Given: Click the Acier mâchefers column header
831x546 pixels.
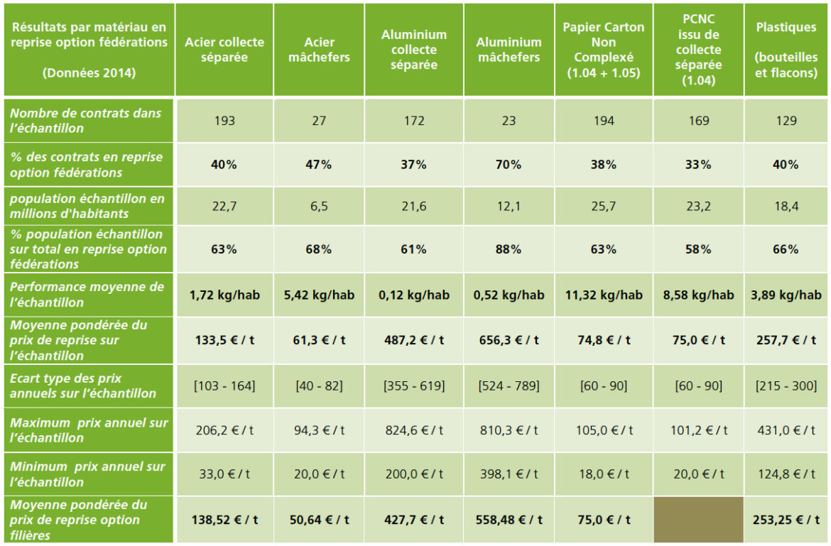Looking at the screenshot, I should pos(319,50).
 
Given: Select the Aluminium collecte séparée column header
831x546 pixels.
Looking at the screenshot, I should pos(414,50).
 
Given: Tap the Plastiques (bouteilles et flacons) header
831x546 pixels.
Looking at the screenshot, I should pos(786,50).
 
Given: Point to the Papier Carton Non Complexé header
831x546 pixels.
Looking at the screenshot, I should pos(604,50).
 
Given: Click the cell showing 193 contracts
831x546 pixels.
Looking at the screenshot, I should pos(225,121).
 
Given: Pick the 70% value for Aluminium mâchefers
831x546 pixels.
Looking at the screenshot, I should pos(509,165).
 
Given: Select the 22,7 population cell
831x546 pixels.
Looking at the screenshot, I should pos(225,206).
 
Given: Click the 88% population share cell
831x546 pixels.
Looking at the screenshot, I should pos(509,249).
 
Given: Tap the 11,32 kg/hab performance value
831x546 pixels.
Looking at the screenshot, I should pos(604,295).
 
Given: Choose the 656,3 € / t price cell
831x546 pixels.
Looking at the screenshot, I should pos(509,340).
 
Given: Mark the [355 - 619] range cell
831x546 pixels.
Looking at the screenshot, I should pos(414,386).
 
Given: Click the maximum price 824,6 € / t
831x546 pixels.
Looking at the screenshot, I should pos(414,430).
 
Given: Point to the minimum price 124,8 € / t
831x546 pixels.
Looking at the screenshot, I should pos(786,474).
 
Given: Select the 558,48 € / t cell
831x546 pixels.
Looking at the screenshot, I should pos(509,520).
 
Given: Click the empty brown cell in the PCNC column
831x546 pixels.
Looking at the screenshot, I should pos(699,520).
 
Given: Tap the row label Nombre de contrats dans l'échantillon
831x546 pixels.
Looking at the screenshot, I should pos(86,121).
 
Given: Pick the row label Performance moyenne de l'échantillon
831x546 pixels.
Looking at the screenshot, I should pos(87,295).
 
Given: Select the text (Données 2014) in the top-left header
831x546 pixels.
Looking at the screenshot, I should pos(88,72).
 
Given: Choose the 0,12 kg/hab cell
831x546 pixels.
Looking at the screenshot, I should pos(414,295).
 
